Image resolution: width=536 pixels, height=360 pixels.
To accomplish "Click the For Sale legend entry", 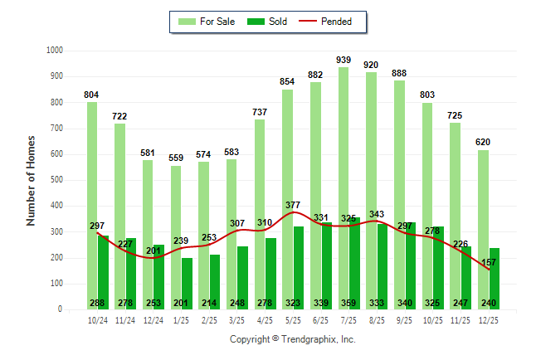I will click(x=207, y=22).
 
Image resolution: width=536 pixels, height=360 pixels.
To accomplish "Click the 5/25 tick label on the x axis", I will click(x=293, y=319).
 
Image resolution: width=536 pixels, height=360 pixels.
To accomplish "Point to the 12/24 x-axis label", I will click(x=153, y=319).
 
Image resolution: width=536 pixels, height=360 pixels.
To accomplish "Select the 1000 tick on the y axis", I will click(x=56, y=51).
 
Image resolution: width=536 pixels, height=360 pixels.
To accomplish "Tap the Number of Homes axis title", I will click(x=32, y=180).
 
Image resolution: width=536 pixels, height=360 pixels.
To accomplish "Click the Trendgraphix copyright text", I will click(x=292, y=340).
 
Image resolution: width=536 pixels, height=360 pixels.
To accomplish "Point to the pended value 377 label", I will click(x=294, y=206).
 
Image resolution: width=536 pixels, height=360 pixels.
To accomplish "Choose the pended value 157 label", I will click(x=489, y=262).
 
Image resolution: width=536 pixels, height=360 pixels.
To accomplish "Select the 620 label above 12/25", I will click(x=483, y=142).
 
